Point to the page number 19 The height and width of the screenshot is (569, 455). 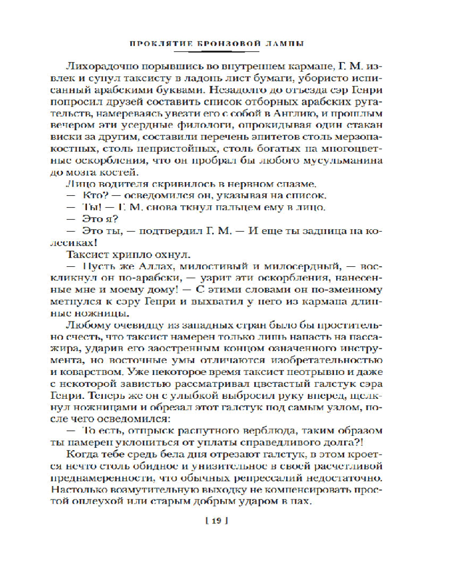click(x=227, y=520)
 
